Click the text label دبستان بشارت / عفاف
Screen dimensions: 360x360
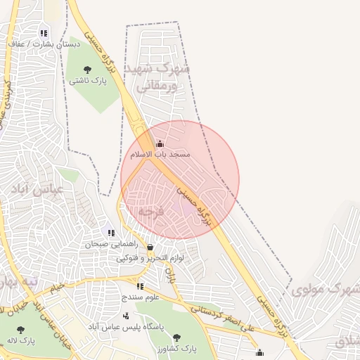point(44,44)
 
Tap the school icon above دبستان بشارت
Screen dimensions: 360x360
point(44,33)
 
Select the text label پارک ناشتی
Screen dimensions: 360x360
point(87,81)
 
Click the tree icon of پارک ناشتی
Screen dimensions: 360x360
point(87,70)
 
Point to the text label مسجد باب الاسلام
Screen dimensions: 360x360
point(160,153)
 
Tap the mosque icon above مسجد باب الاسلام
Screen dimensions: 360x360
point(160,143)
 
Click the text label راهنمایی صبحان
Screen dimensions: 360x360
point(108,245)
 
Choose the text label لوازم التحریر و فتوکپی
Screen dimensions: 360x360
point(150,258)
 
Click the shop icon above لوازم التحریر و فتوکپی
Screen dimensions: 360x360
point(150,247)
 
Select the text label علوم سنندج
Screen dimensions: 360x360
point(140,297)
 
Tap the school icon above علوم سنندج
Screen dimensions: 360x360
point(140,287)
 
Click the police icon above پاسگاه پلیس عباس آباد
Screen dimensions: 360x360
point(126,316)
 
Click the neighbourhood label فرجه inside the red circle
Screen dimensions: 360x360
point(150,211)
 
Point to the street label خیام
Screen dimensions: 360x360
point(56,286)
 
